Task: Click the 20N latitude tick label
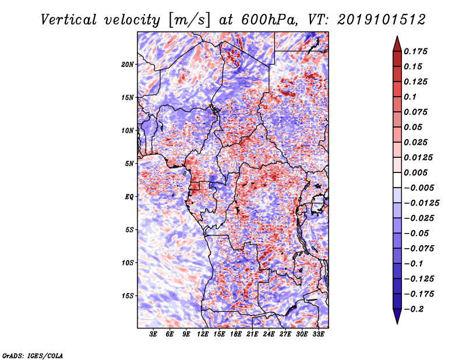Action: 127,64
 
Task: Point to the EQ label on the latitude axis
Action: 129,197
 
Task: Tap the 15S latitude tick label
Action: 127,296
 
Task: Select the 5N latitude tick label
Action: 129,164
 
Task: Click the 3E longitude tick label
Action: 153,334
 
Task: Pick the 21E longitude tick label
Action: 252,334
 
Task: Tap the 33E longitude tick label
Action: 318,334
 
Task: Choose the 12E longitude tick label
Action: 202,334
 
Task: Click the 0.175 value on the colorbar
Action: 415,51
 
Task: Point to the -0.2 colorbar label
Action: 414,309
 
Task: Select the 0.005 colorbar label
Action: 415,172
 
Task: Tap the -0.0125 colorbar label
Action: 421,203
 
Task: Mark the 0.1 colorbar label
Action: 410,97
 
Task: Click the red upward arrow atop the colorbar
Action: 397,44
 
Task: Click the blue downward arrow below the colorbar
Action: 397,316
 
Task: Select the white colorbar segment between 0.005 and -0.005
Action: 397,180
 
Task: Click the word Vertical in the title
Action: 68,20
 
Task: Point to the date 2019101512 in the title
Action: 382,20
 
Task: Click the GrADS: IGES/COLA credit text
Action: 33,355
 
